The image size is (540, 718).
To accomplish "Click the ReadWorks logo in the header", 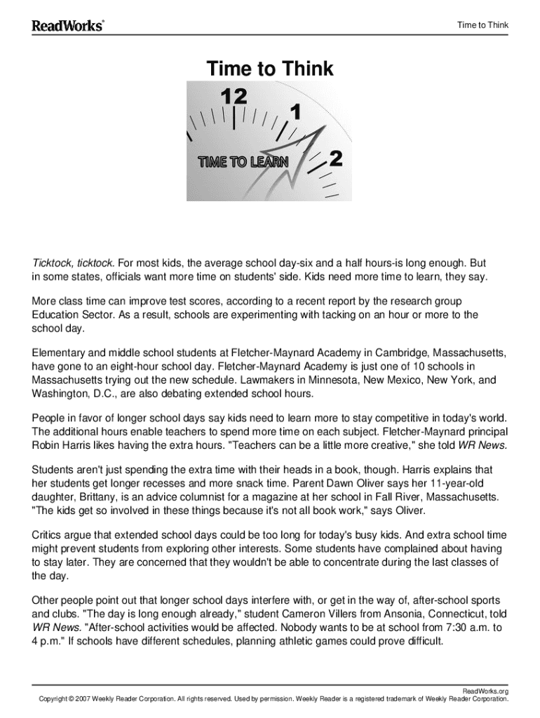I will click(x=67, y=26).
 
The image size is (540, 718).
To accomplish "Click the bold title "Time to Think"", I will click(x=270, y=69).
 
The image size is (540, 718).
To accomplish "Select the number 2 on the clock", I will click(x=336, y=159).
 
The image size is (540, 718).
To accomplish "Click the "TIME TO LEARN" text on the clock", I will click(x=243, y=163).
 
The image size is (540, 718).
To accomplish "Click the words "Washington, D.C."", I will click(x=73, y=393).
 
